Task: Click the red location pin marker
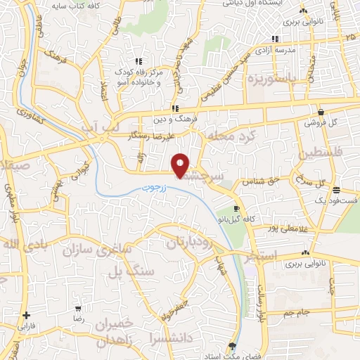click(181, 165)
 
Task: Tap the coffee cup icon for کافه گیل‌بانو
click(237, 209)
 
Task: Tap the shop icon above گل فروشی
click(321, 111)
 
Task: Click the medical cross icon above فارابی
click(26, 315)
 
